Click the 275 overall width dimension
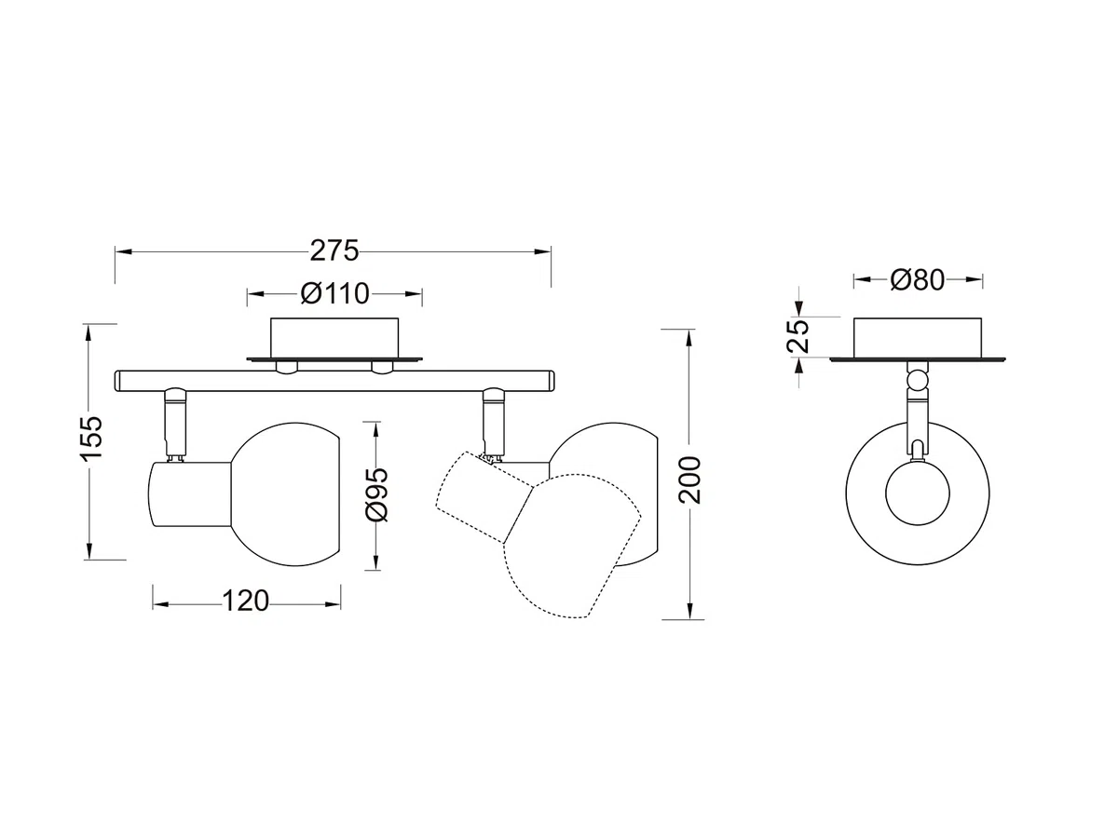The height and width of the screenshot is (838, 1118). [x=334, y=250]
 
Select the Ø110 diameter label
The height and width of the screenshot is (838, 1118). [x=334, y=293]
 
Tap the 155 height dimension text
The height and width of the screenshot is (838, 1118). [x=92, y=439]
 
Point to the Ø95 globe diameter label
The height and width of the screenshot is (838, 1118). [x=377, y=495]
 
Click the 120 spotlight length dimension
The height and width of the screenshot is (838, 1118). [x=246, y=601]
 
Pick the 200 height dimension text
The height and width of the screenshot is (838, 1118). [x=690, y=480]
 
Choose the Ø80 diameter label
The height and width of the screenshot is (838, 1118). [x=918, y=280]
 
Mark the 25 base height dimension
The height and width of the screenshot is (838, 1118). [x=798, y=336]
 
